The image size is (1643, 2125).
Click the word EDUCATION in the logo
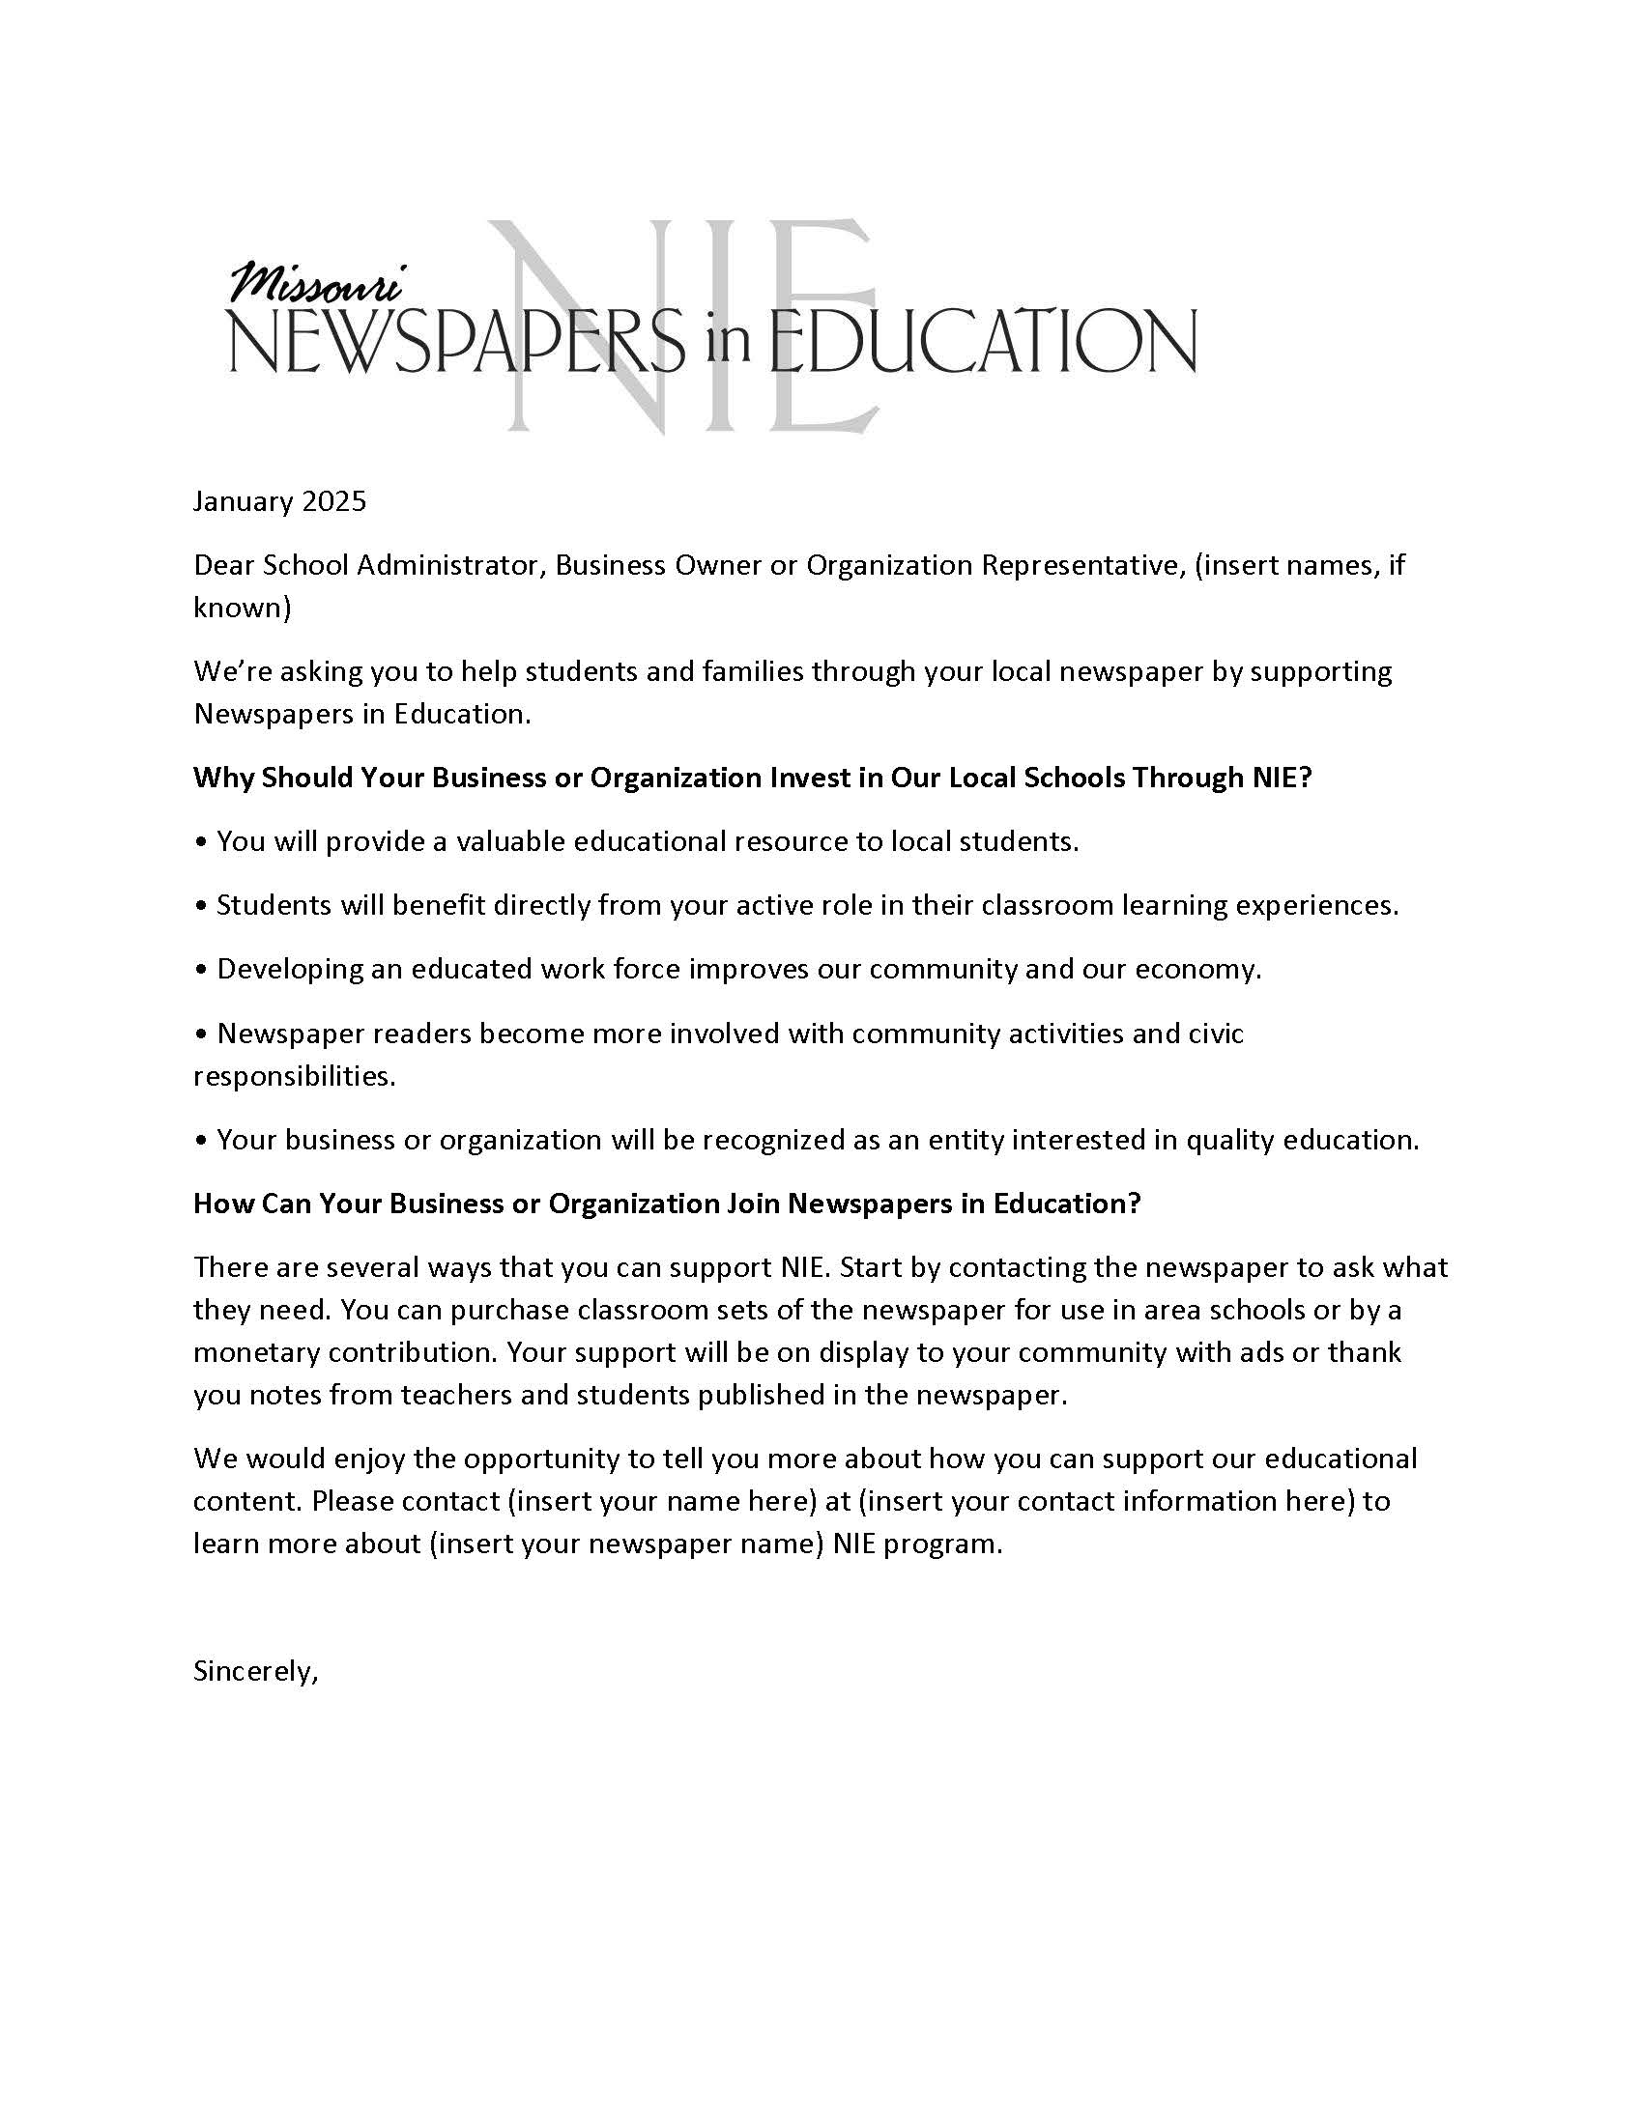click(983, 343)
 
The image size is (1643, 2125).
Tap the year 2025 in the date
click(333, 501)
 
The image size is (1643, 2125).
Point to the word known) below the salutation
click(243, 609)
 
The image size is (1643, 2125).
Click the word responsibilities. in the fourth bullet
click(294, 1076)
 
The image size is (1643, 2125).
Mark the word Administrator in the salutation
click(448, 565)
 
